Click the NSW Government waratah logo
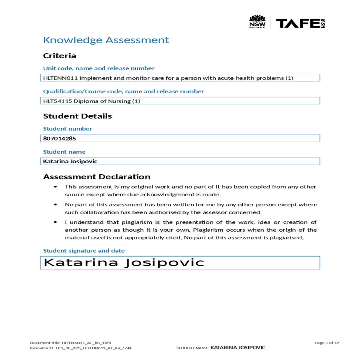257,21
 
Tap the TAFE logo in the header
300,23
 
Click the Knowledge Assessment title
106,40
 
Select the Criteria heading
59,56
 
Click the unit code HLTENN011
60,78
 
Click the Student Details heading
77,116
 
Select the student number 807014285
59,138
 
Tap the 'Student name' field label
64,152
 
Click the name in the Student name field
70,161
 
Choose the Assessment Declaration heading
97,177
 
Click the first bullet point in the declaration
55,187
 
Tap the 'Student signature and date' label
84,251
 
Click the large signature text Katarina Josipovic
124,262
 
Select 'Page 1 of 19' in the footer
327,343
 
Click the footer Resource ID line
81,348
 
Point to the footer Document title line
70,343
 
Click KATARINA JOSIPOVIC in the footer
238,348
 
